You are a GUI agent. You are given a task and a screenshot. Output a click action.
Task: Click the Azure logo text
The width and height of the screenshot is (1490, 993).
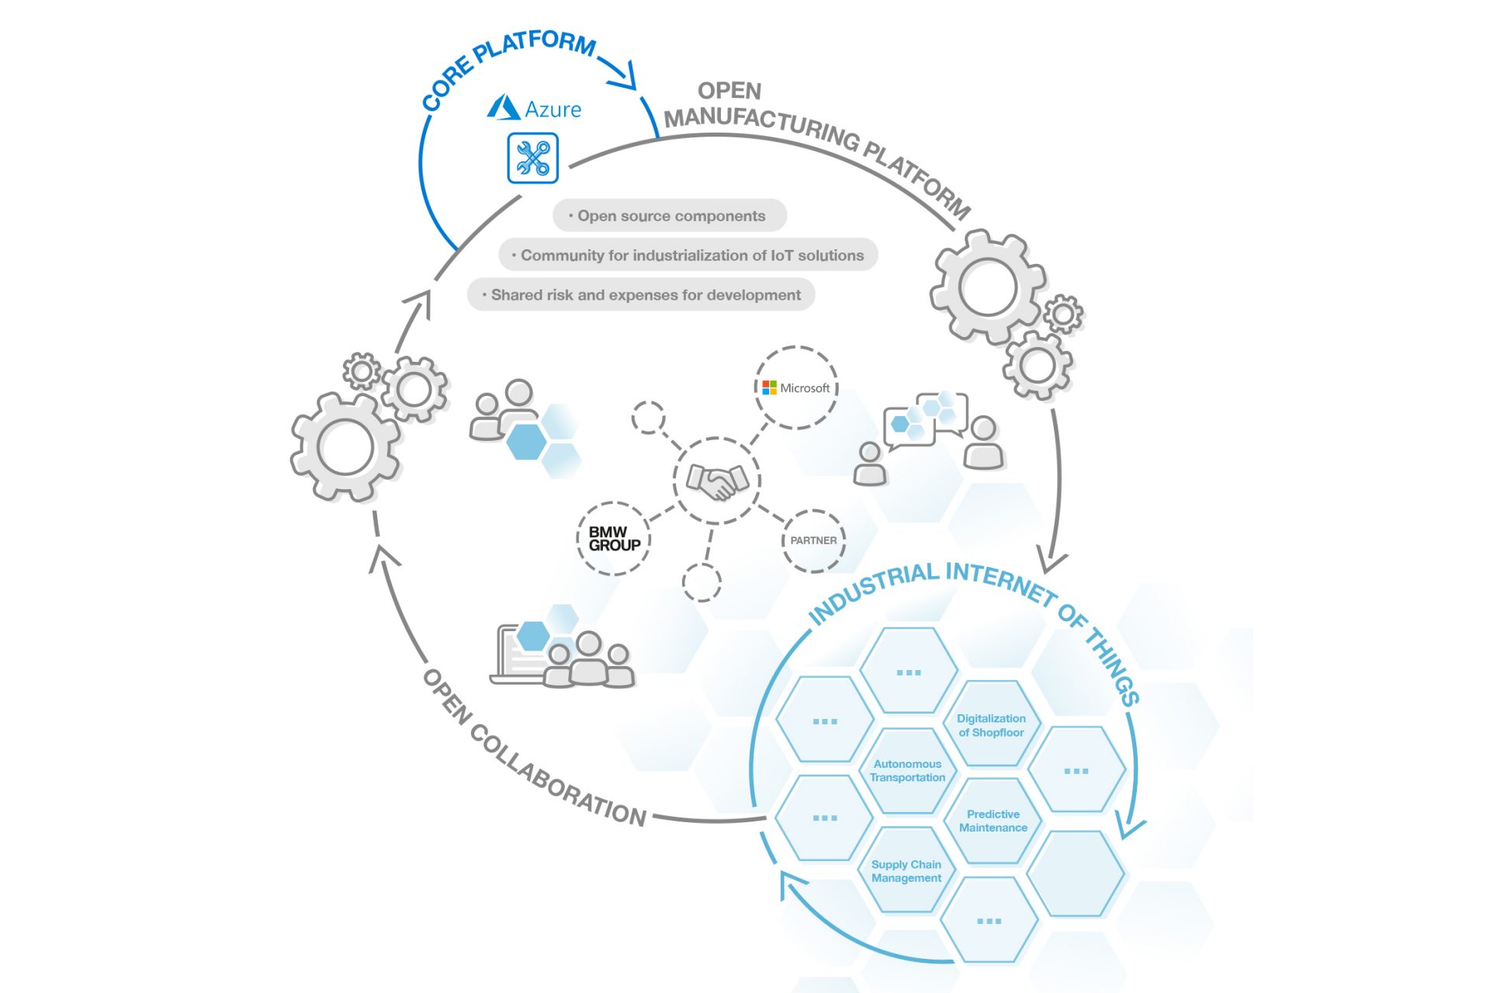[552, 109]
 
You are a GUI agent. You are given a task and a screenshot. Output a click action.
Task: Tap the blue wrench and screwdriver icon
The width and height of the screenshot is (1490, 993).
[532, 158]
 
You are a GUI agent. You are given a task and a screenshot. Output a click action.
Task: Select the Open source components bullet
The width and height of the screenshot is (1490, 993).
[670, 216]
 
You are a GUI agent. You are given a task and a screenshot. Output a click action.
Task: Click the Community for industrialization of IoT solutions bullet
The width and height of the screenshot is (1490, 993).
[688, 255]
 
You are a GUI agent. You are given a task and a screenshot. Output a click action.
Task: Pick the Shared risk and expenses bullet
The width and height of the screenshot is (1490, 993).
[641, 295]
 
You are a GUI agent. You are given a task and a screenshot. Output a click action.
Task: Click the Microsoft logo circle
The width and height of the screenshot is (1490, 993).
[796, 387]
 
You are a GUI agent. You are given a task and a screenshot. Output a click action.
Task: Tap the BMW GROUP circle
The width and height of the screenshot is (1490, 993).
[614, 539]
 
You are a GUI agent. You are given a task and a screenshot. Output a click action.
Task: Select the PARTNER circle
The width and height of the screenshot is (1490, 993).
[813, 540]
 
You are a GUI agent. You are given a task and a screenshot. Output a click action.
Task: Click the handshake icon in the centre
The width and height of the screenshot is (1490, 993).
[716, 481]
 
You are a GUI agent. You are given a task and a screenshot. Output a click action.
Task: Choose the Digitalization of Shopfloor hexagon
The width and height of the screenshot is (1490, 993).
[991, 725]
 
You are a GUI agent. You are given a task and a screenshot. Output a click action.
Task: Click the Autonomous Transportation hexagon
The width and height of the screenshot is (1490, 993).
[907, 771]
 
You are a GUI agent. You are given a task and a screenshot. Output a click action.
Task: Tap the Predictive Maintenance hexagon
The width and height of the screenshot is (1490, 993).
[993, 821]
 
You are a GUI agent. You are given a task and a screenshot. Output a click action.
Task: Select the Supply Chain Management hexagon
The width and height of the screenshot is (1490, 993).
[906, 871]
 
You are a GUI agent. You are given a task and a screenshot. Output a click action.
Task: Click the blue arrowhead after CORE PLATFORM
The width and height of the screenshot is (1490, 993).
[623, 75]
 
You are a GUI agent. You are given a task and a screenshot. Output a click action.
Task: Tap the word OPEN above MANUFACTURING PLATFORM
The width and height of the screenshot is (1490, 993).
[729, 91]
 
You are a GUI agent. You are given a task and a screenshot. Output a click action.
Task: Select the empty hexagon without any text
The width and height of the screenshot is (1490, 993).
[1075, 873]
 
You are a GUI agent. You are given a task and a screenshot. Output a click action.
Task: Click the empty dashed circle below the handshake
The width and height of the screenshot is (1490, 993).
[702, 582]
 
